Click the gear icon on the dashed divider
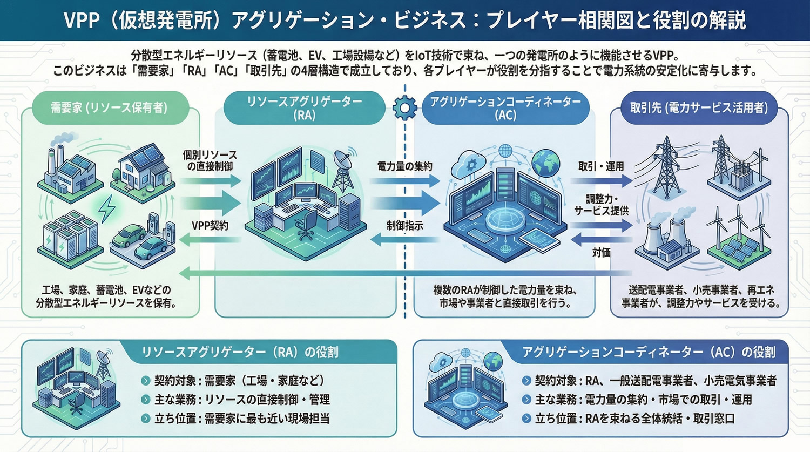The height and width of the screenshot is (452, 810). pos(404,107)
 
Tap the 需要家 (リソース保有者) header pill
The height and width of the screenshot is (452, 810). pos(109,107)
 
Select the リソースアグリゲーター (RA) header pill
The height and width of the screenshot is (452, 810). pos(305,107)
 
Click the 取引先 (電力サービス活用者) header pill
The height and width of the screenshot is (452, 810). pos(699,107)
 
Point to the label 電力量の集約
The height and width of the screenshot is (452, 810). pos(404,166)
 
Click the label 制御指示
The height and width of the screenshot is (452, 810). pos(404,226)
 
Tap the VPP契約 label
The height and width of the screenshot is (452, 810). pos(210,226)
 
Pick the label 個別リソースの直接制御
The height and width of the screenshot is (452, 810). pos(210,160)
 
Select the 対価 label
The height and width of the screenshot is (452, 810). pos(601,252)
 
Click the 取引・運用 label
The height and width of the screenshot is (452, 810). pos(601,166)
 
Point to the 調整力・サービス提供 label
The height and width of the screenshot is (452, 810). pos(601,205)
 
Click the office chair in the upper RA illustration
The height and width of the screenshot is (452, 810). pos(306,224)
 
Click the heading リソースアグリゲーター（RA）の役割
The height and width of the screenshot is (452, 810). pos(239,352)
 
